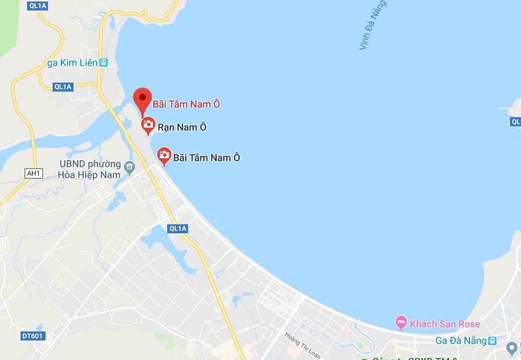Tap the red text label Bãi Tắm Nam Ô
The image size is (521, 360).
point(186,104)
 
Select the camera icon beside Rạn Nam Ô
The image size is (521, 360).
point(148,125)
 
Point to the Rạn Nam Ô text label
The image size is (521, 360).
point(182,127)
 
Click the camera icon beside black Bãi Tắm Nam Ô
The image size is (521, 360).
point(164,155)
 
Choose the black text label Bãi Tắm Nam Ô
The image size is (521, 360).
point(207,158)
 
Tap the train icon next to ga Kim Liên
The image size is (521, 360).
point(103,63)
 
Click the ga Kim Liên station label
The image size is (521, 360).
point(72,63)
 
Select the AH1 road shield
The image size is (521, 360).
point(34,173)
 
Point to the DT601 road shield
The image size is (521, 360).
point(32,336)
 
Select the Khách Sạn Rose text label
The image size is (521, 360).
point(445,324)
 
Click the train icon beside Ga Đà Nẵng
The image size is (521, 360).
point(492,340)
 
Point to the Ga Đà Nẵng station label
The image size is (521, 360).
point(461,340)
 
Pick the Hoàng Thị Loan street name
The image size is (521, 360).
point(302,345)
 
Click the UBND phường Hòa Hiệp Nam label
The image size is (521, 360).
point(90,169)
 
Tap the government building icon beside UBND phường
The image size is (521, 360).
point(130,167)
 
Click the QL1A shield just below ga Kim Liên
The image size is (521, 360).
point(63,87)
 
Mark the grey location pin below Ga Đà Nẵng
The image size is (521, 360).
point(511,347)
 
